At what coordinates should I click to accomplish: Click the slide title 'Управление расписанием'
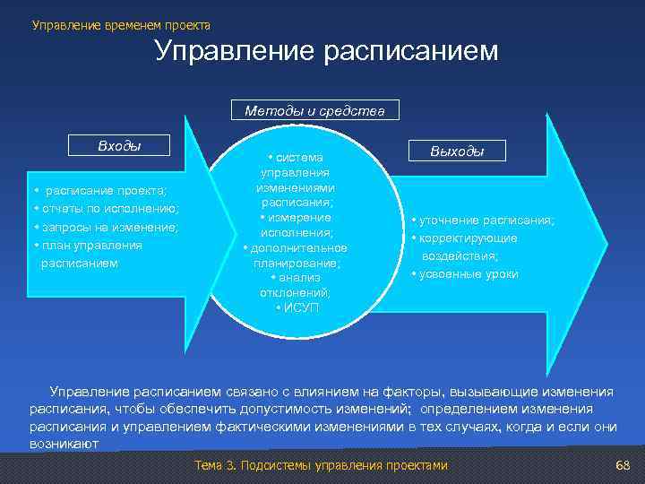(326, 51)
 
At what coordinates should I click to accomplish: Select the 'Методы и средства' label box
(314, 111)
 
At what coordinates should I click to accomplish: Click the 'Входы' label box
(120, 145)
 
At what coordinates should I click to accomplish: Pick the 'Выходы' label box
(457, 151)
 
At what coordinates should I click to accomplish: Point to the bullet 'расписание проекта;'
(106, 190)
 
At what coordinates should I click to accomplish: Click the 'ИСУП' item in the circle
(296, 307)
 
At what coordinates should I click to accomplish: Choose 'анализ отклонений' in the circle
(296, 285)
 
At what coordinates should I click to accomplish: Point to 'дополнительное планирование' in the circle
(296, 255)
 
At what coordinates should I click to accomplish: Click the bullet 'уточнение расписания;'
(483, 220)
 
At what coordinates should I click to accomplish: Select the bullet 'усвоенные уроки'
(465, 273)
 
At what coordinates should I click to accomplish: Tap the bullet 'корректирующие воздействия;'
(465, 246)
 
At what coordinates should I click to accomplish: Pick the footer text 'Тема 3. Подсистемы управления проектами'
(320, 466)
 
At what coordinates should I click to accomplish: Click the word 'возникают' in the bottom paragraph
(64, 444)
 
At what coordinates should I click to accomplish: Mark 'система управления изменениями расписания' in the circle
(296, 179)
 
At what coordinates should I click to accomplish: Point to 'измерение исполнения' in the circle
(296, 225)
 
